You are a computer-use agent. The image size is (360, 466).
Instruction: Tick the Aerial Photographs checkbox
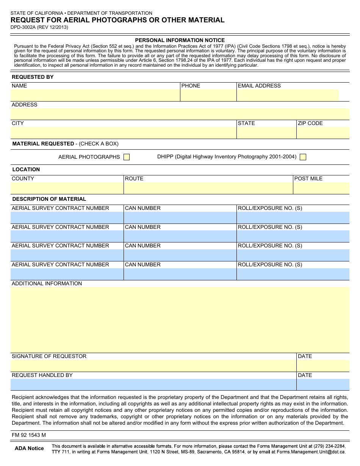(x=127, y=157)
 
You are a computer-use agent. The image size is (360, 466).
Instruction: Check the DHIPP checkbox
(x=303, y=157)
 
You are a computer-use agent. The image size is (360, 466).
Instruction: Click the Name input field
(x=95, y=95)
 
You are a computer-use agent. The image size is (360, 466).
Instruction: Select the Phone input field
(x=208, y=95)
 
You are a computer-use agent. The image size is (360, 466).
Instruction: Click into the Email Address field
(x=288, y=95)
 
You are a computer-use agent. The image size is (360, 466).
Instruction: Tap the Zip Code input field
(x=323, y=133)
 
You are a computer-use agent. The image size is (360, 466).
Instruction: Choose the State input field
(x=266, y=133)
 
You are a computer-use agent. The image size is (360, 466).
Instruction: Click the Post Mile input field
(x=321, y=188)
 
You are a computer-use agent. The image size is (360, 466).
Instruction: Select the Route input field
(x=208, y=188)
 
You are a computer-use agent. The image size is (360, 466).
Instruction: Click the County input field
(x=67, y=188)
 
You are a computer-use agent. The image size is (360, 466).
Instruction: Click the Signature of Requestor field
(x=153, y=366)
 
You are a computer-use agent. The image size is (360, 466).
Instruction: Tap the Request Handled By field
(x=153, y=385)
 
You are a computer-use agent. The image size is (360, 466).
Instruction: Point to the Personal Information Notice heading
(x=180, y=40)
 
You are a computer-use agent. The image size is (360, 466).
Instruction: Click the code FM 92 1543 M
(x=29, y=435)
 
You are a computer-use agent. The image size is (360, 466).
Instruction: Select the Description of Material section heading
(x=49, y=199)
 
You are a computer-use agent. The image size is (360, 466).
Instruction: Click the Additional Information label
(x=47, y=283)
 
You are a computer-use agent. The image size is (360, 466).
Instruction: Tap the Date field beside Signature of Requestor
(x=323, y=366)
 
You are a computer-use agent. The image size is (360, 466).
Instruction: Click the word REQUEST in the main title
(x=27, y=20)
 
